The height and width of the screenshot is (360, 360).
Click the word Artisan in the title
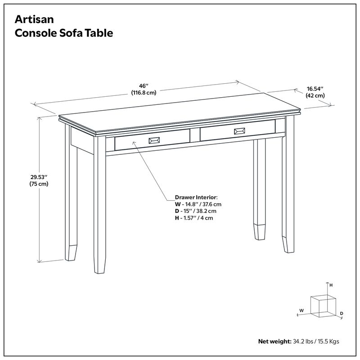pos(34,19)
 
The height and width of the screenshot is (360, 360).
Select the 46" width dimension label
pos(144,86)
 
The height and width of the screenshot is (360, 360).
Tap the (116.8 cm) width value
pos(144,93)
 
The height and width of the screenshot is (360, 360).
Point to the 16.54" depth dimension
pos(315,89)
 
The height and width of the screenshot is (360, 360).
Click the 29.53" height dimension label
pos(39,177)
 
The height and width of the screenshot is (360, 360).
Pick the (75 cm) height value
pos(39,184)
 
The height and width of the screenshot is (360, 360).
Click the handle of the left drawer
pos(154,140)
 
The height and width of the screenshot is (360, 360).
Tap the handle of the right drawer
pos(239,131)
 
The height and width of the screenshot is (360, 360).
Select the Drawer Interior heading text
pos(196,197)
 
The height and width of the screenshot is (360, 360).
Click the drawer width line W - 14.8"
pos(198,204)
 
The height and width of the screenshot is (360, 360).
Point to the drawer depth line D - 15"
pos(196,211)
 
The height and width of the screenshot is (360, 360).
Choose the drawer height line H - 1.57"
pos(194,218)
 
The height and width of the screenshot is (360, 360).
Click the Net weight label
pos(275,342)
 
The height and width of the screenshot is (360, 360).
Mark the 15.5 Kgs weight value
pos(328,342)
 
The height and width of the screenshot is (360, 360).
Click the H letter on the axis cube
pos(331,285)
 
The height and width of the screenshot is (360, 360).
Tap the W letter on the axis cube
pos(301,310)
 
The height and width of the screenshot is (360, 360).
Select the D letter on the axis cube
pos(342,313)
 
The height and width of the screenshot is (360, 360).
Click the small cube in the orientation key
pos(323,306)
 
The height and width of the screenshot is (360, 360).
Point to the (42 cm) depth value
pos(315,95)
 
